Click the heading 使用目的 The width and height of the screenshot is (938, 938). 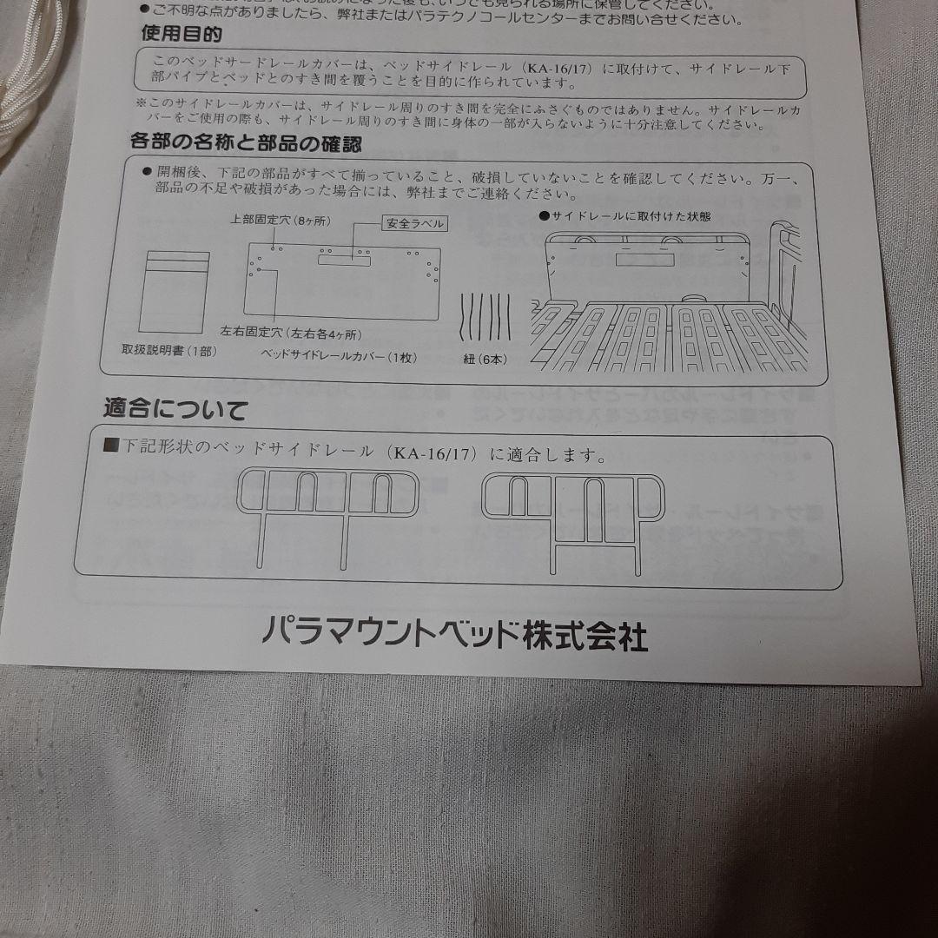click(x=181, y=35)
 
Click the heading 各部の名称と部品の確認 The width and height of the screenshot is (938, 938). click(x=246, y=143)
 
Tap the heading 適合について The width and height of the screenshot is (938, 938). click(x=175, y=409)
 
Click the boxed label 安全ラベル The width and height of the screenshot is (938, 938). click(x=414, y=223)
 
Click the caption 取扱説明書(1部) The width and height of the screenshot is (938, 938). click(x=169, y=351)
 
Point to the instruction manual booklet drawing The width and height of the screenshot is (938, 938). click(x=174, y=291)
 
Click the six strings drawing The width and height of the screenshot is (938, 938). click(x=486, y=319)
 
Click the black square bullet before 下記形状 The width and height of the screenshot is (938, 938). click(x=111, y=446)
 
